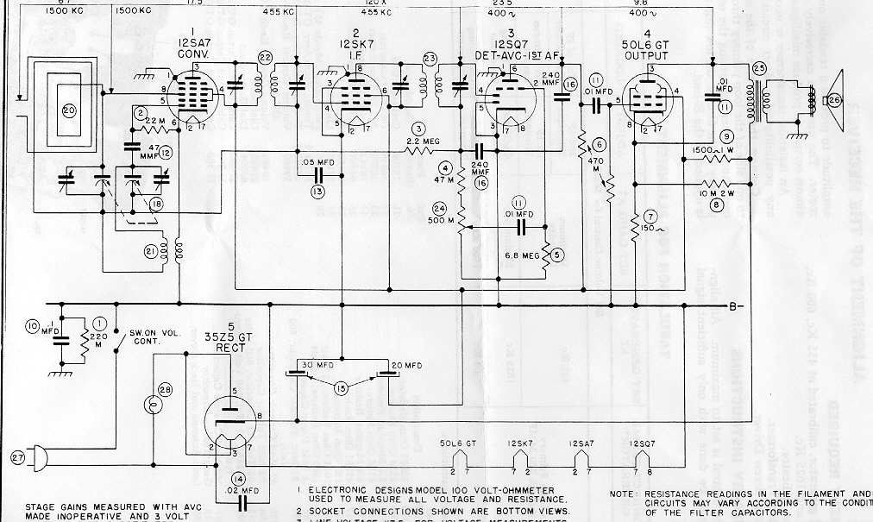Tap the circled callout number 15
(x=342, y=388)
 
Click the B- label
(x=735, y=305)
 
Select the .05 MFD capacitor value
(x=321, y=163)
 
